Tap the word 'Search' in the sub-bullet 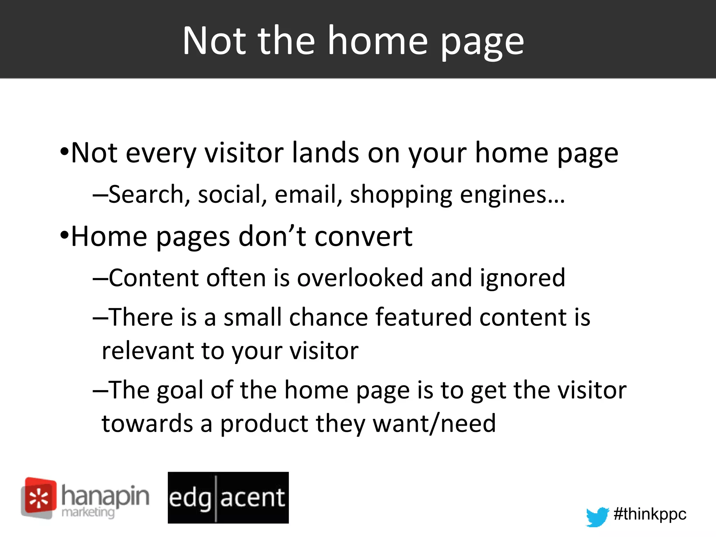pyautogui.click(x=145, y=194)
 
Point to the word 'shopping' pyautogui.click(x=401, y=195)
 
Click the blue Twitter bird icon pyautogui.click(x=597, y=516)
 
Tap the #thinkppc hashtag pyautogui.click(x=650, y=514)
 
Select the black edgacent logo pyautogui.click(x=228, y=497)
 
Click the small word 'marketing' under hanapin pyautogui.click(x=88, y=513)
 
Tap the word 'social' pyautogui.click(x=229, y=194)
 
